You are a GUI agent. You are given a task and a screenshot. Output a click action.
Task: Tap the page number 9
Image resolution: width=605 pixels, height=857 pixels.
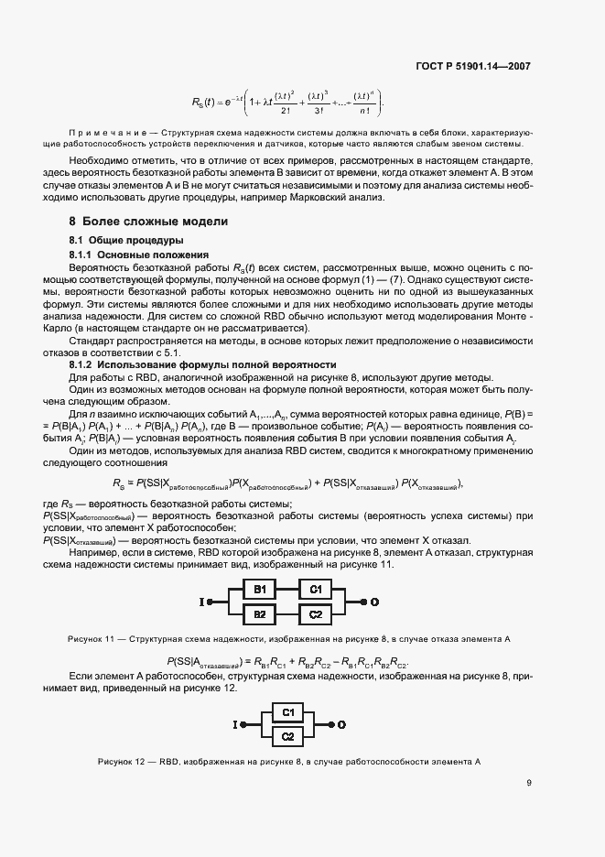coord(529,782)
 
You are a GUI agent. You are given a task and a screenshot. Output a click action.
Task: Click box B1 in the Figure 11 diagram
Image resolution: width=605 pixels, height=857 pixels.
coord(259,589)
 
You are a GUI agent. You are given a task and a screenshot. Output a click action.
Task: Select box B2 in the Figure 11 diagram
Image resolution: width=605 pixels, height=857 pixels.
coord(259,613)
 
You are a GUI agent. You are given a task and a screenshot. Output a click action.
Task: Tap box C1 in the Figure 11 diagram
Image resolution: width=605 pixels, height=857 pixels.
coord(315,589)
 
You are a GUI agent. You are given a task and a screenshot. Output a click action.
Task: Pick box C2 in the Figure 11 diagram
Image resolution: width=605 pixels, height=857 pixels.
coord(315,613)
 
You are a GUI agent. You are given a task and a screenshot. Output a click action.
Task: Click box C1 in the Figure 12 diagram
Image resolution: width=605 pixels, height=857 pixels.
coord(287,711)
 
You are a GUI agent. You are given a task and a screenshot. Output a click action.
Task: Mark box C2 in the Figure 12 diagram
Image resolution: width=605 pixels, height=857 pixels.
coord(287,736)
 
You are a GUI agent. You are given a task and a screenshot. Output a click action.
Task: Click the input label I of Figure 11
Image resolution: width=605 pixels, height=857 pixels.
coord(200,602)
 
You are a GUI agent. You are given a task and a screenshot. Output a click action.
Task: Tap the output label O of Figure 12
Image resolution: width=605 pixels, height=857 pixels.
coord(342,724)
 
